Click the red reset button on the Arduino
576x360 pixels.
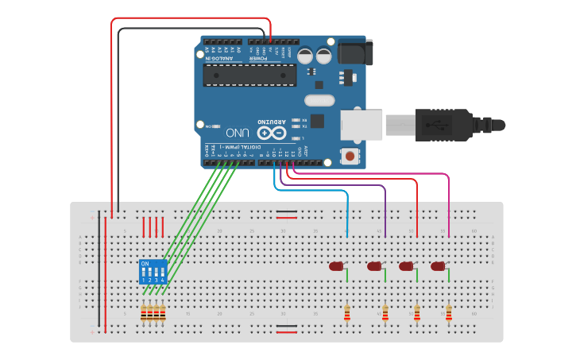(350, 157)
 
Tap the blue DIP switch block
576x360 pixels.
(153, 271)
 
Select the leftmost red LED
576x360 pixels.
(336, 266)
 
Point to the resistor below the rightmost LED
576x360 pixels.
(449, 314)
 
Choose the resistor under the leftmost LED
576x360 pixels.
(346, 314)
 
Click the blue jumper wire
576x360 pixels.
(318, 191)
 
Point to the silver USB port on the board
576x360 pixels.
(362, 125)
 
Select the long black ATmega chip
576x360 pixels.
(249, 75)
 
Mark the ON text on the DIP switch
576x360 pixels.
(145, 263)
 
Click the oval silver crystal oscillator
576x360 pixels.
(319, 101)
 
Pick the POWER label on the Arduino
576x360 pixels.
(259, 57)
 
